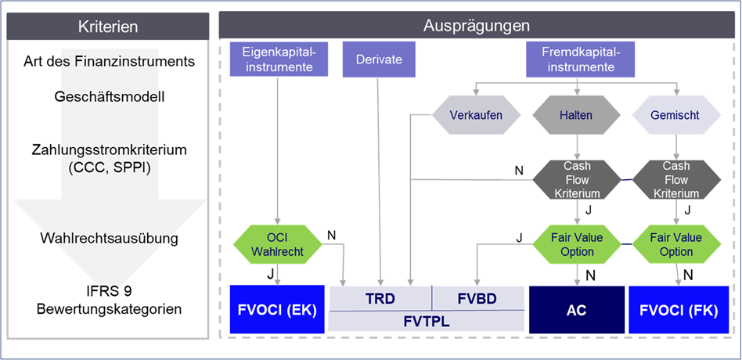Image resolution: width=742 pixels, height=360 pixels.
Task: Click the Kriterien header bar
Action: [x=108, y=27]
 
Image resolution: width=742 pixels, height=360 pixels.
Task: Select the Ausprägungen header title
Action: [x=477, y=26]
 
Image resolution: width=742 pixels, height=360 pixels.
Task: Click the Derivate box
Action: [x=379, y=59]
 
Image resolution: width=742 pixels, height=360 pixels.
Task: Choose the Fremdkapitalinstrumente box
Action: [x=577, y=59]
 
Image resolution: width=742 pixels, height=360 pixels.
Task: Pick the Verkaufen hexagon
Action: [x=476, y=115]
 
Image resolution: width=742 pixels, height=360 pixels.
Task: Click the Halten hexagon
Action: [x=576, y=115]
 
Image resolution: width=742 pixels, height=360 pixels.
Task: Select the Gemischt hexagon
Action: [x=677, y=115]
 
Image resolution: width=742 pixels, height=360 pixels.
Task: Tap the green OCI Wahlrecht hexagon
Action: [x=277, y=245]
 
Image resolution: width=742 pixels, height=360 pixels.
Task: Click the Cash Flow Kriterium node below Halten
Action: [x=576, y=180]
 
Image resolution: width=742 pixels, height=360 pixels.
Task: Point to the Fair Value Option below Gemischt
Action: [x=677, y=245]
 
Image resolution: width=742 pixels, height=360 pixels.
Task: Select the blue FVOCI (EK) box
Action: [x=277, y=309]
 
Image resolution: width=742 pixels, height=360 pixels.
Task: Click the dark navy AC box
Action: [x=576, y=309]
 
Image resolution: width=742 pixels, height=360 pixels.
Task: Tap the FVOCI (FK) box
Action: [x=678, y=309]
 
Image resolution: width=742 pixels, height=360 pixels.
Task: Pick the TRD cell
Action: [x=380, y=298]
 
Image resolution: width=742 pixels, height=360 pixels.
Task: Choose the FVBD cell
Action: [x=478, y=298]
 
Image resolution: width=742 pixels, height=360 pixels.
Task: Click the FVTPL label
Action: [x=427, y=322]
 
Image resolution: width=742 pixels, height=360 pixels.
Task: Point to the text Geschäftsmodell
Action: [x=110, y=97]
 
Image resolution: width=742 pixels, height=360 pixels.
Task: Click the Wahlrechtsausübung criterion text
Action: [x=109, y=238]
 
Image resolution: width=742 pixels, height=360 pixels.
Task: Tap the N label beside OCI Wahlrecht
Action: [x=331, y=235]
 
